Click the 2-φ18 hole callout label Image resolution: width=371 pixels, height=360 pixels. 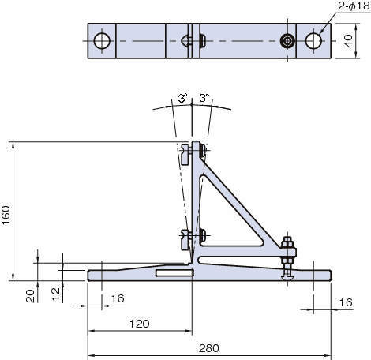[x=354, y=6]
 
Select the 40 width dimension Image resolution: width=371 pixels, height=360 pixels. [x=349, y=41]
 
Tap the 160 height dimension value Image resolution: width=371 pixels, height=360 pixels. [x=6, y=215]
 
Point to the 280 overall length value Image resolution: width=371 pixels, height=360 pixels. [x=209, y=348]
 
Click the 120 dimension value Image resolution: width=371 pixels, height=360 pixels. [x=140, y=324]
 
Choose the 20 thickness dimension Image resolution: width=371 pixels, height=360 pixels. [x=30, y=296]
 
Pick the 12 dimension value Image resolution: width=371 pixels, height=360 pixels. [x=55, y=294]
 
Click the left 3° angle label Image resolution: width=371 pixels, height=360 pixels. [x=182, y=98]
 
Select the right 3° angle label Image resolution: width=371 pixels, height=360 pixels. [x=204, y=98]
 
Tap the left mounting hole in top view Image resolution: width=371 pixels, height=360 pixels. [x=102, y=41]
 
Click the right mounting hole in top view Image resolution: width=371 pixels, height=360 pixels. [x=313, y=41]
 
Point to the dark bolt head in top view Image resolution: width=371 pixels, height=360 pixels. [x=287, y=41]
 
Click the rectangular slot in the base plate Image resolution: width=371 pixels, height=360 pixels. [x=174, y=273]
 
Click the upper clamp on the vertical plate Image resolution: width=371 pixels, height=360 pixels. [x=185, y=156]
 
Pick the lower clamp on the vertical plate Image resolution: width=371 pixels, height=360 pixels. [x=185, y=239]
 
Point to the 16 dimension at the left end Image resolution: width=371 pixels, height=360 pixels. [x=118, y=298]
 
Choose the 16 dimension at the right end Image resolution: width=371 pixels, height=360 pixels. [x=346, y=302]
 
